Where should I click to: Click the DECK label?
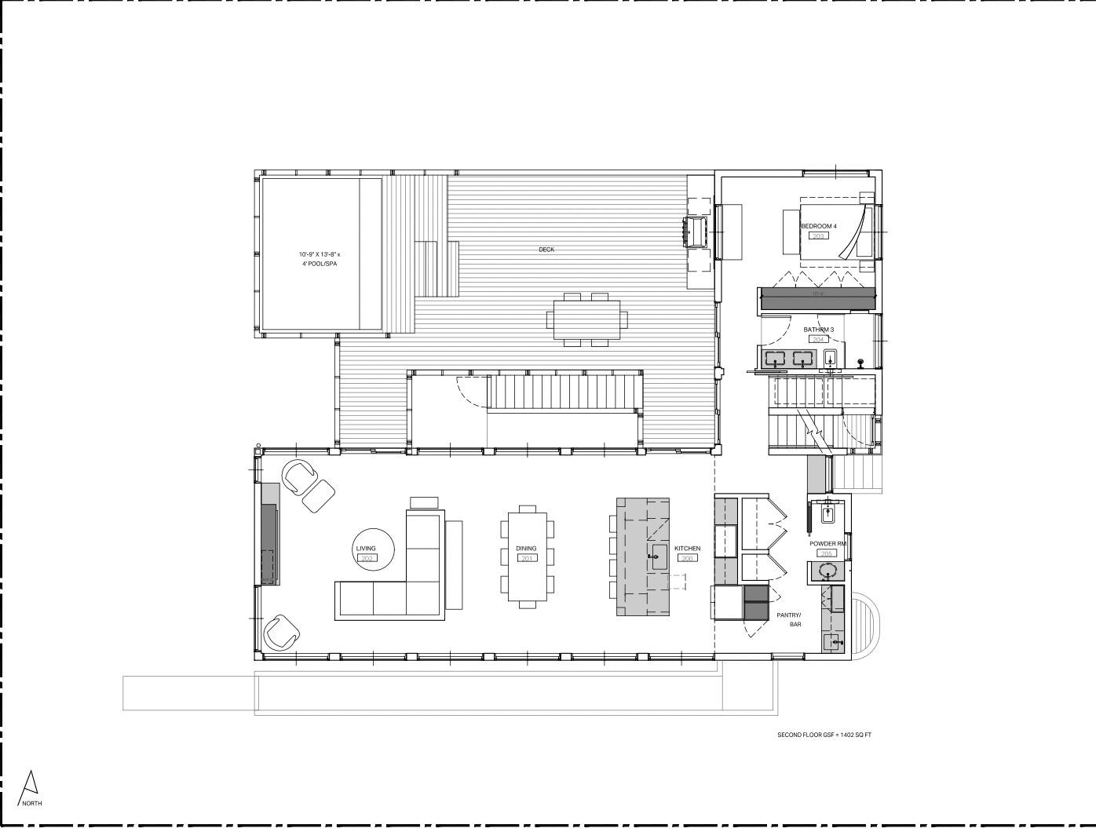click(546, 250)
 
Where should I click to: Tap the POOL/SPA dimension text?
click(320, 259)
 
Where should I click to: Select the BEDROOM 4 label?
click(819, 226)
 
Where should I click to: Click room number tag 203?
click(819, 235)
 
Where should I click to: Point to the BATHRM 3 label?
click(818, 330)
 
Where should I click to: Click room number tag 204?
click(819, 340)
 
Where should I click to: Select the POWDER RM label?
click(827, 543)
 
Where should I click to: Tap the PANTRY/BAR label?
click(788, 620)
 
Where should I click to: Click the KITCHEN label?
click(687, 549)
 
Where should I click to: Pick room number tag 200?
click(688, 558)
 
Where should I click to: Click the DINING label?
click(526, 549)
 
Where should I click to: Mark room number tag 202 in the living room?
click(366, 558)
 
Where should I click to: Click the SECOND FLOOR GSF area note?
click(824, 735)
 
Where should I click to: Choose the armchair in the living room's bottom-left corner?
click(281, 633)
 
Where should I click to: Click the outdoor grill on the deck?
click(697, 232)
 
